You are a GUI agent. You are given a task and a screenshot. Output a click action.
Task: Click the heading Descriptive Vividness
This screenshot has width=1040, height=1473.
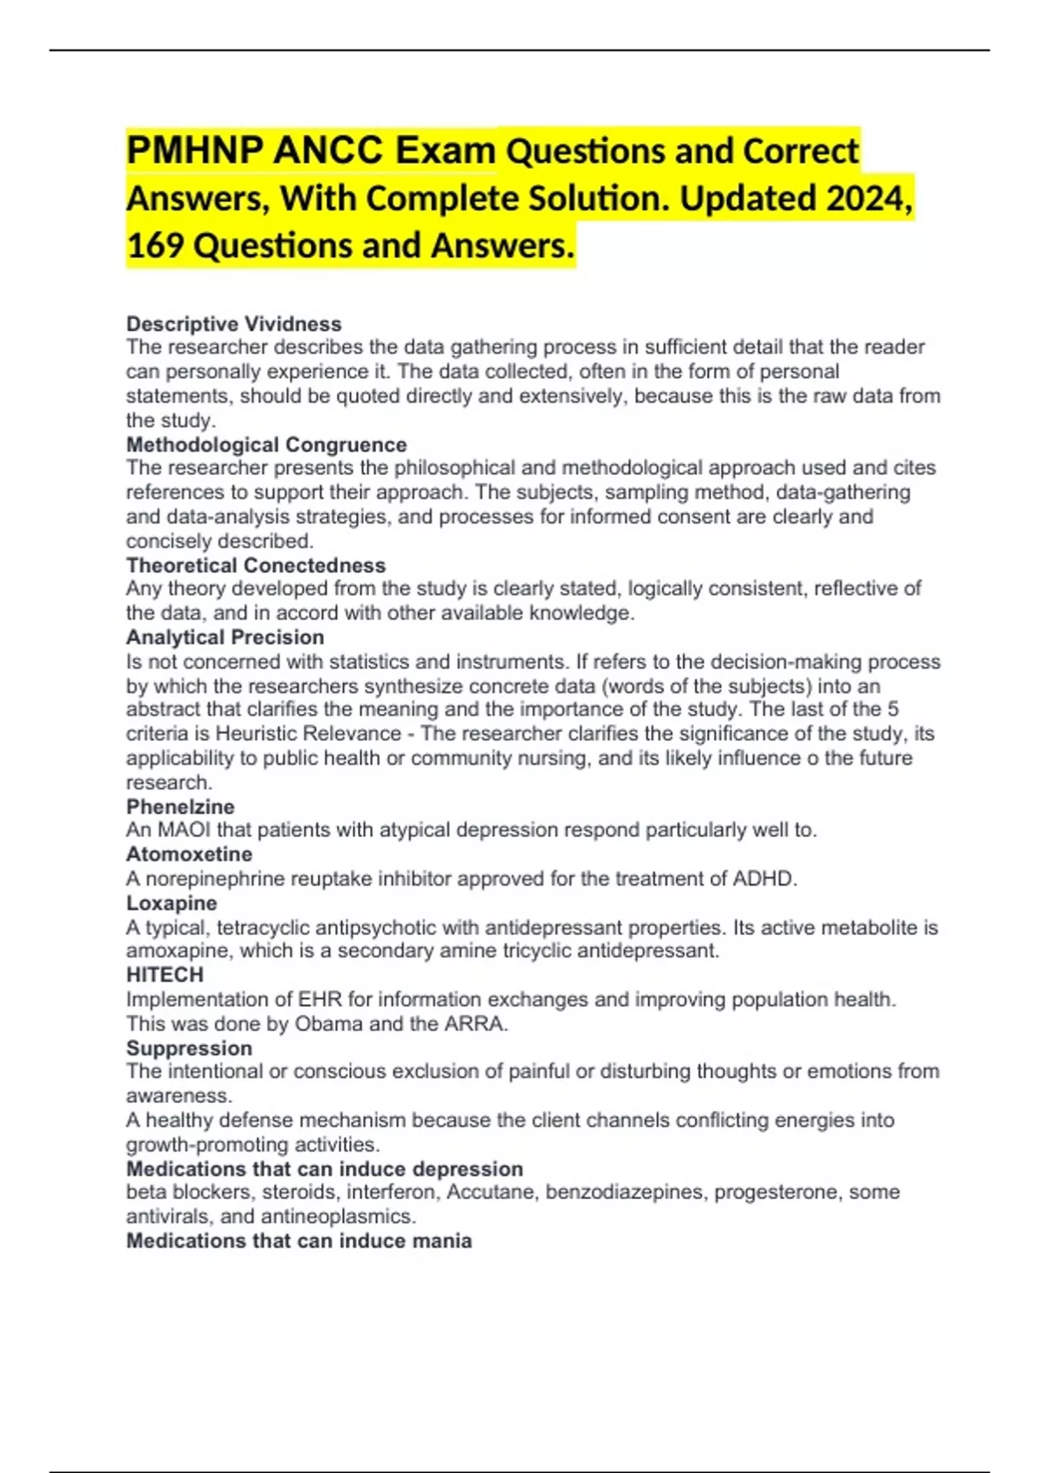coord(234,324)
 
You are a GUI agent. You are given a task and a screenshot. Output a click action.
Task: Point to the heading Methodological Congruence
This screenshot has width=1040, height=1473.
coord(266,444)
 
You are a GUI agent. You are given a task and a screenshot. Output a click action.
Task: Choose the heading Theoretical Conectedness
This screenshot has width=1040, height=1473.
coord(256,565)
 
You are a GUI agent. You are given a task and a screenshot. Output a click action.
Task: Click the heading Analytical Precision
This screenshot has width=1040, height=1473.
coord(225,637)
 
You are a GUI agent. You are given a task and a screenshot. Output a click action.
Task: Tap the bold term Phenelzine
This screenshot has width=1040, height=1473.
coord(180,806)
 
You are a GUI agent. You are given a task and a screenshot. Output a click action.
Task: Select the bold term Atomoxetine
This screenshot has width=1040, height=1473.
coord(189,853)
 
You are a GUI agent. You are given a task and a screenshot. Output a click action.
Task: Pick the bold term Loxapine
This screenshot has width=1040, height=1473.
coord(172,903)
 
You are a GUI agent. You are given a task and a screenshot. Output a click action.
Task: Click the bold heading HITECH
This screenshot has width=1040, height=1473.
coord(165,975)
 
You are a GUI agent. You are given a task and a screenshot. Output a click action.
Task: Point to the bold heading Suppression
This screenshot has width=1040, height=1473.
coord(189,1048)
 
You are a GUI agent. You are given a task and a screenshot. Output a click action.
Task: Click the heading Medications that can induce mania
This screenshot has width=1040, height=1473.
coord(299,1241)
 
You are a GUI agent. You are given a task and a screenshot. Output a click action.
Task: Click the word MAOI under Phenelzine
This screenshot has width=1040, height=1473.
coord(184,830)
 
